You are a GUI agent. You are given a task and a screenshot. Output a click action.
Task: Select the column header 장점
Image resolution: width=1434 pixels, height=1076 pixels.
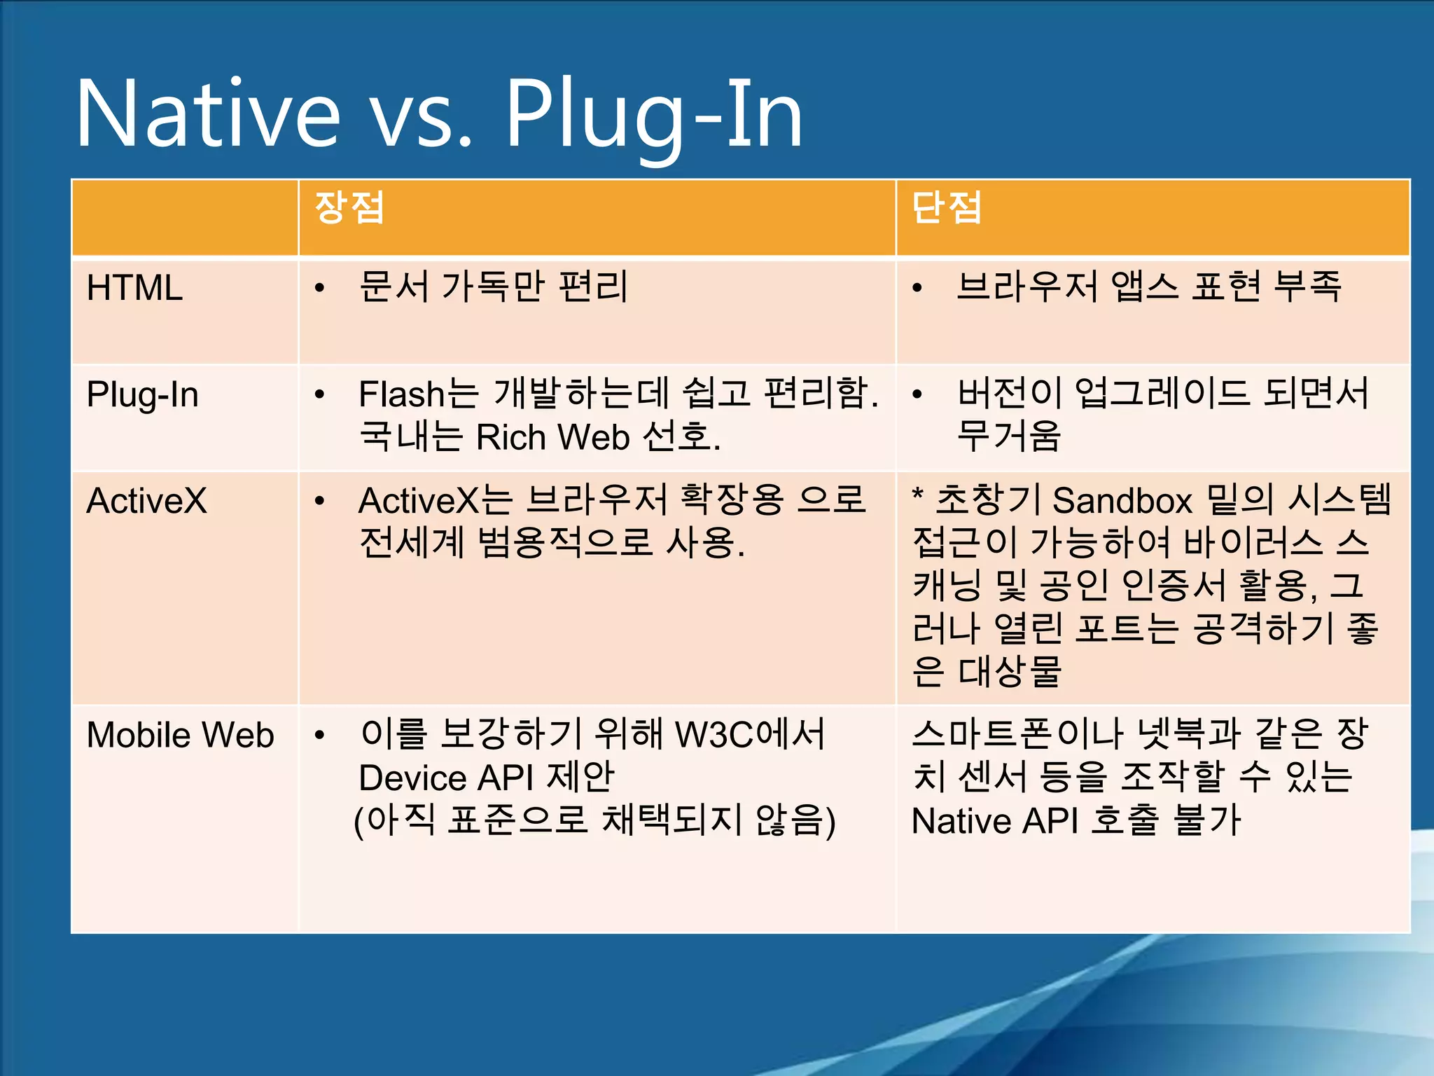coord(349,207)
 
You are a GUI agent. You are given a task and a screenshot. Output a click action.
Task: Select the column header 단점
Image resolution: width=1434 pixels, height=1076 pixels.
coord(946,207)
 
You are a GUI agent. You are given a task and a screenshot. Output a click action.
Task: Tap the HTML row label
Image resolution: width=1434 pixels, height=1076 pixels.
coord(134,288)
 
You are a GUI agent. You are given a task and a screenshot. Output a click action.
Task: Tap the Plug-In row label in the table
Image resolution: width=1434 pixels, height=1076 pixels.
coord(142,395)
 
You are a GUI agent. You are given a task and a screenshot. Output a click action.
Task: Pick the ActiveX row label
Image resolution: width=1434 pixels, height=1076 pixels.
coord(146,502)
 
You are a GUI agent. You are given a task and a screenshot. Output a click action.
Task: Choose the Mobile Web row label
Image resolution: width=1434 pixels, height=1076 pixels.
coord(180,736)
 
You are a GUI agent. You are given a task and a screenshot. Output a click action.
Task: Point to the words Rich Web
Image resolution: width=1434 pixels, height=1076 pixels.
coord(553,438)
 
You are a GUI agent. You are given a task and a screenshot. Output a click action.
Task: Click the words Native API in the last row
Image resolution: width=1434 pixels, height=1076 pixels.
coord(994,821)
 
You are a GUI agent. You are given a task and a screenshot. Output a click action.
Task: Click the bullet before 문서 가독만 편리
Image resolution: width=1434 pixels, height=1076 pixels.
coord(320,288)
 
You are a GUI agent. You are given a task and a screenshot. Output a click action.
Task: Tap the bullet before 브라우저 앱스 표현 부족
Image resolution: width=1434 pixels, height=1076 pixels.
coord(917,288)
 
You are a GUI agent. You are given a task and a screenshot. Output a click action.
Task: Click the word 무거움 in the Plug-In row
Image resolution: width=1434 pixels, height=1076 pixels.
coord(1008,436)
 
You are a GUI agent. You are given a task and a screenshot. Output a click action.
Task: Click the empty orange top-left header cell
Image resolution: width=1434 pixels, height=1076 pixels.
coord(185,217)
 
